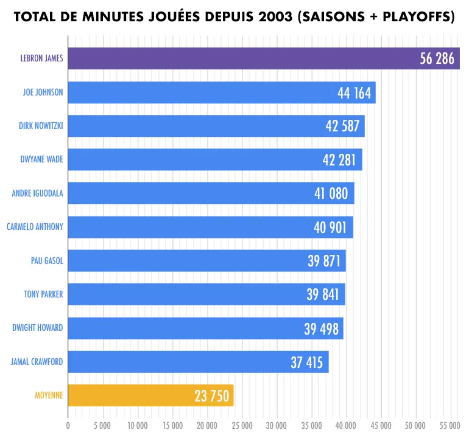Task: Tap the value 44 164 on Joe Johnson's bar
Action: (355, 92)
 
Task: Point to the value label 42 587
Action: (345, 127)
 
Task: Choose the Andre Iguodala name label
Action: (38, 194)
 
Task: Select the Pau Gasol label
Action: (47, 261)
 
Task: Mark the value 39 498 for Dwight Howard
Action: (323, 328)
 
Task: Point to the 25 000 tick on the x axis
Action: (242, 425)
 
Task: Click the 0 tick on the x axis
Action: (68, 425)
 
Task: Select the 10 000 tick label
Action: (137, 425)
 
